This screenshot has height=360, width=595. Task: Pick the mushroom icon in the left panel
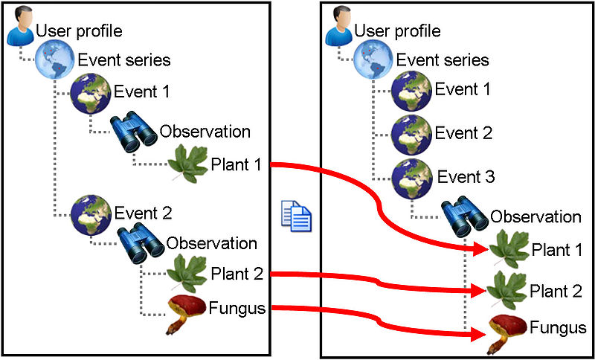[x=185, y=313]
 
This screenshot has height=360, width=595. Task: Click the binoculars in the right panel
[x=465, y=216]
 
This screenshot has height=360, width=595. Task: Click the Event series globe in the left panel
[x=54, y=60]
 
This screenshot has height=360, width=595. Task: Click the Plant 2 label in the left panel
[x=237, y=274]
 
